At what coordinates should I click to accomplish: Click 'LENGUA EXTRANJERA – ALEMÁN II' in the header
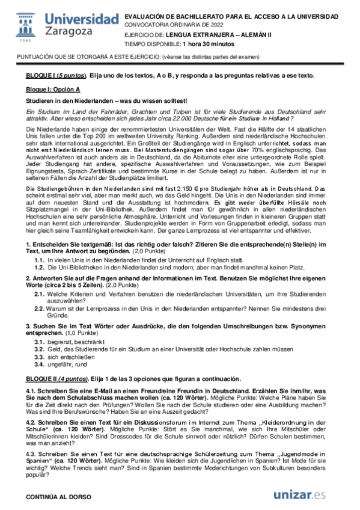[x=210, y=35]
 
